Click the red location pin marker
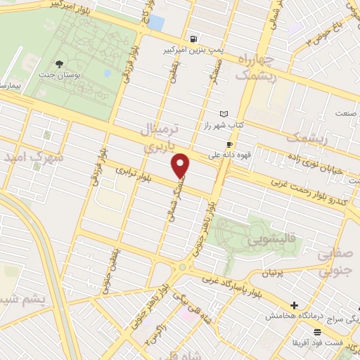coord(181,165)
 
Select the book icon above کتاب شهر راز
coord(224,113)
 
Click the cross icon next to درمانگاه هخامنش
coord(295,306)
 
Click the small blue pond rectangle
coord(155,22)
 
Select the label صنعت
coord(345,113)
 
